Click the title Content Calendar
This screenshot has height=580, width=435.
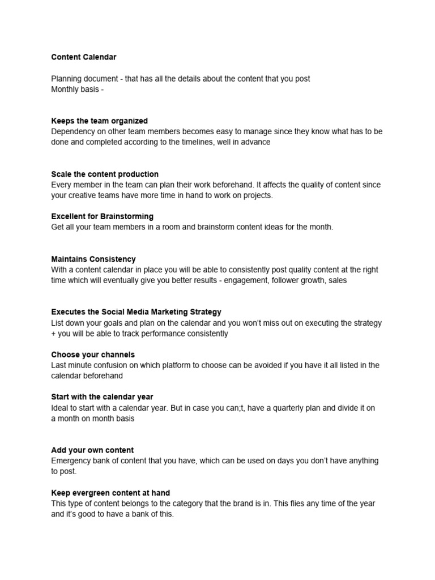pos(84,57)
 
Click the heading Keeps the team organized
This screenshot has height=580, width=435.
pos(99,121)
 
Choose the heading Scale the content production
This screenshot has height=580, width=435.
pos(105,174)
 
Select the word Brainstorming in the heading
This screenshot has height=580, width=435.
pos(127,216)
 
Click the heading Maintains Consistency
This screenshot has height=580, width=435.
pos(93,259)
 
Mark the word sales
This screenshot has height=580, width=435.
pos(336,280)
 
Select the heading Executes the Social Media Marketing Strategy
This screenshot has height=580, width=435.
pos(136,312)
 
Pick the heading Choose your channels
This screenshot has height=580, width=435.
pos(85,355)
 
